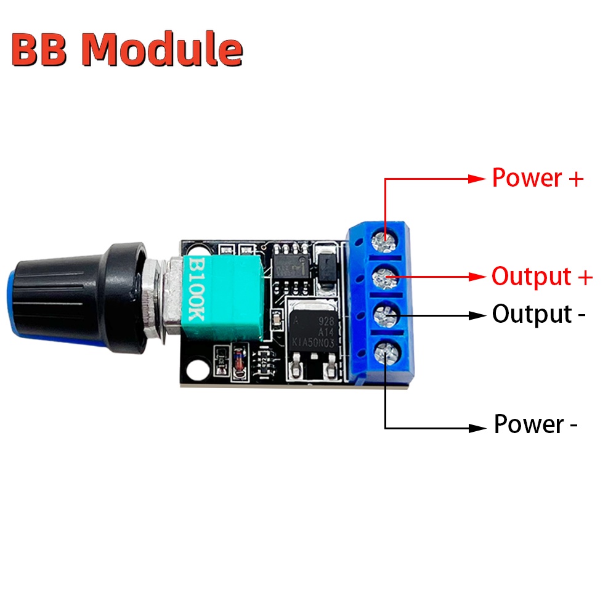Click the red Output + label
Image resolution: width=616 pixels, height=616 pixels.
click(541, 277)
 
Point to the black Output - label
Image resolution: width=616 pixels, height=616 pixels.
click(538, 314)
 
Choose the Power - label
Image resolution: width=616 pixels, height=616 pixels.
click(535, 424)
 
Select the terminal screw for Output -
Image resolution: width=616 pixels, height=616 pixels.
click(386, 315)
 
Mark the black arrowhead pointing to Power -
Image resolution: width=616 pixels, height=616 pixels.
click(477, 427)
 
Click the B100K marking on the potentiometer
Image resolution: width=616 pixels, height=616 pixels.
click(196, 290)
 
